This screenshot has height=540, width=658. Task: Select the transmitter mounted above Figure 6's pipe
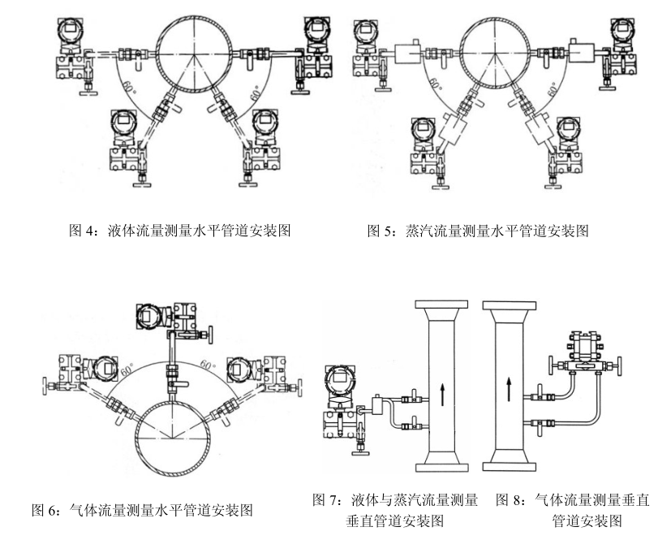pos(156,317)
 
